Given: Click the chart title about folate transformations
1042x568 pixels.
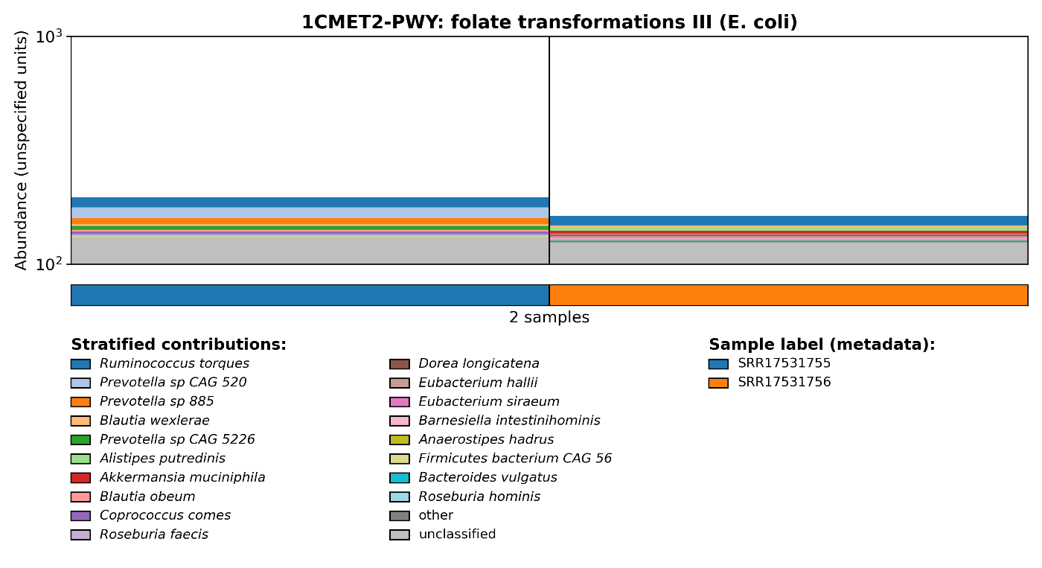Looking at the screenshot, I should point(549,22).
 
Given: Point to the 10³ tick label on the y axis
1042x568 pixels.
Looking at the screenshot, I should point(50,36).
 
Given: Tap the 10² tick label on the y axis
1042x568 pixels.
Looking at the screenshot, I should point(50,264).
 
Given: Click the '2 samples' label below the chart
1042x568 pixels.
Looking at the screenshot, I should point(549,318).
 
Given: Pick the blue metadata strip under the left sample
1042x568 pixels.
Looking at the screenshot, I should point(310,295).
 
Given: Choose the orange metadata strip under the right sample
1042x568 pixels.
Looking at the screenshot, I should point(788,295).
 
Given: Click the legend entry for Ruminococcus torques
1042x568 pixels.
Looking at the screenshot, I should point(174,364).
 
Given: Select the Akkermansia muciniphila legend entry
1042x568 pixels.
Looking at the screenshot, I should point(182,478).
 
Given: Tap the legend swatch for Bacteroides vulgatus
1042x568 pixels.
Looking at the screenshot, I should point(400,478).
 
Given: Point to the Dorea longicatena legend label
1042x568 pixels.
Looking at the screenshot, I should point(479,364).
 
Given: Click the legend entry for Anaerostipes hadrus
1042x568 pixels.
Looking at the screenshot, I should point(486,440).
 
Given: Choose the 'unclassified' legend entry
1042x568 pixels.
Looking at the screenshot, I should point(457,535).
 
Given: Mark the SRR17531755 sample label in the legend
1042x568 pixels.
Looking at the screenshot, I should point(784,364).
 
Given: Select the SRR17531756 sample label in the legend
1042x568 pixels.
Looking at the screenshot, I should point(784,383).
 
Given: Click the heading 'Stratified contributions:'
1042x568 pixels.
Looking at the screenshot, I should point(179,345).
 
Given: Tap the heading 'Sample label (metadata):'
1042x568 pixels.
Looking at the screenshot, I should point(822,345).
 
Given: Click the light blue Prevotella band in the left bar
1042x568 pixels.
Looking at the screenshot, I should point(310,213).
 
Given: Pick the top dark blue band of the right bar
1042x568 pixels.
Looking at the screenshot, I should point(788,220).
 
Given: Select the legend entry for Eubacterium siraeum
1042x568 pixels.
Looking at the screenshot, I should point(489,402).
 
